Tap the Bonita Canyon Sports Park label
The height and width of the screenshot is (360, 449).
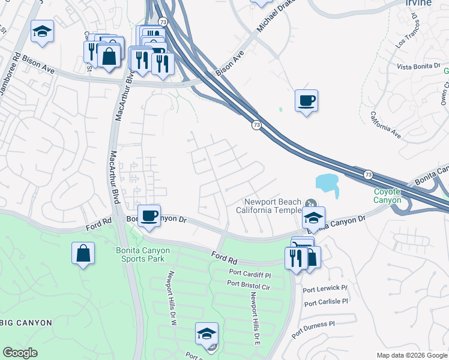pos(142,255)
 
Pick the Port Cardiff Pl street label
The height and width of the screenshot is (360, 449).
pos(250,274)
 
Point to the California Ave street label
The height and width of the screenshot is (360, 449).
pos(385,125)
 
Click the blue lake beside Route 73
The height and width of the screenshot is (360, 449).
pos(327,182)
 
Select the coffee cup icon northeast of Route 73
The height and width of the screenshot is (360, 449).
pos(306,100)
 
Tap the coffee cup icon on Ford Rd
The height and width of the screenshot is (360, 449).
pos(148,215)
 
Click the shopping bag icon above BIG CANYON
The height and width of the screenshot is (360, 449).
pos(83,253)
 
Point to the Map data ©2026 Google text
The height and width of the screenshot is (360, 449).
pos(411,355)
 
